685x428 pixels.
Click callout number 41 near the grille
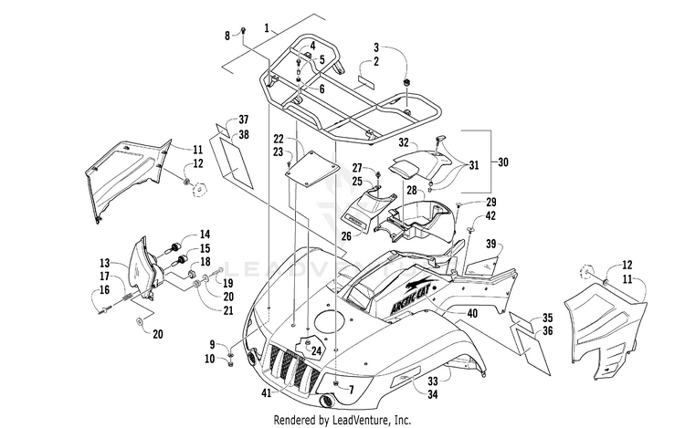pyautogui.click(x=266, y=393)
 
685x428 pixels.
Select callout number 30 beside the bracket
pyautogui.click(x=503, y=162)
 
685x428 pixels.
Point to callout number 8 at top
pyautogui.click(x=227, y=36)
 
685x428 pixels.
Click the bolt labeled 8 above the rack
pyautogui.click(x=243, y=30)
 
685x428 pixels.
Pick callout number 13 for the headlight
pyautogui.click(x=104, y=263)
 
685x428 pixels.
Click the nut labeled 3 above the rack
pyautogui.click(x=406, y=82)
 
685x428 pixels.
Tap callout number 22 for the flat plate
pyautogui.click(x=279, y=139)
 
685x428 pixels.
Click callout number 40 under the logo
pyautogui.click(x=472, y=313)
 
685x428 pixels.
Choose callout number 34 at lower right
pyautogui.click(x=432, y=394)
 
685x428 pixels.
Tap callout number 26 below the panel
pyautogui.click(x=346, y=236)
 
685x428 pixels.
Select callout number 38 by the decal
pyautogui.click(x=243, y=134)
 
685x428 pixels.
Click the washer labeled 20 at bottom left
pyautogui.click(x=139, y=321)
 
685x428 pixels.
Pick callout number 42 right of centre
pyautogui.click(x=490, y=215)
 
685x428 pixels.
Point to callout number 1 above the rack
pyautogui.click(x=267, y=28)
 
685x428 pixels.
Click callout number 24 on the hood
pyautogui.click(x=316, y=350)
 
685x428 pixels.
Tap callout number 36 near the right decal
pyautogui.click(x=547, y=330)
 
